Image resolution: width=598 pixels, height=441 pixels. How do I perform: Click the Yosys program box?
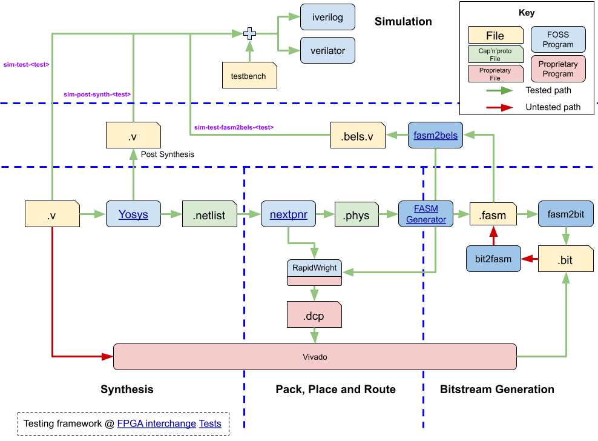[133, 214]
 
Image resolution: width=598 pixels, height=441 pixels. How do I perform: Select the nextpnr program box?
[288, 214]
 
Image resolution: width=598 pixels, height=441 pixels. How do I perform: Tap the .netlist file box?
[209, 214]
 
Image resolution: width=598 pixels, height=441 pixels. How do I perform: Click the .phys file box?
[356, 215]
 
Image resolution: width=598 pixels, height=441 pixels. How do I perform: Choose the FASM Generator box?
[426, 214]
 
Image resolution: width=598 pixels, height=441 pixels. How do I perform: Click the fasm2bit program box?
[565, 214]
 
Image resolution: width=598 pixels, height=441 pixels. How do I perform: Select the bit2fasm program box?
[493, 259]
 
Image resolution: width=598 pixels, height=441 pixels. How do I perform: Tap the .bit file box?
[566, 259]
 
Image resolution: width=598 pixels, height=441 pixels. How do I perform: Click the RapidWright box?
[314, 268]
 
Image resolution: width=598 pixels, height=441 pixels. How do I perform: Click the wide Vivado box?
[315, 357]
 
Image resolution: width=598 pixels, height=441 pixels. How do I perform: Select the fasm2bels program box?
[435, 136]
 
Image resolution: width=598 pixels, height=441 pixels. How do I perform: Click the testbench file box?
[249, 76]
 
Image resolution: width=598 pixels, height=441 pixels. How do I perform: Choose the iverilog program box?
[327, 18]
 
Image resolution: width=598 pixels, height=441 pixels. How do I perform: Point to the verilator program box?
[327, 51]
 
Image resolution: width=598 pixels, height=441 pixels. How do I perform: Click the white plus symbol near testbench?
[249, 34]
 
